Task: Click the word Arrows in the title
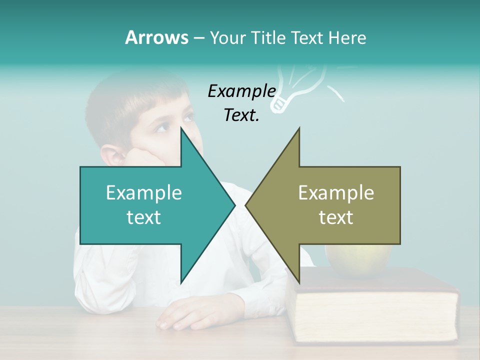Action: click(x=156, y=37)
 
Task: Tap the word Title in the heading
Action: click(x=268, y=37)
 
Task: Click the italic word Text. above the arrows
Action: click(x=241, y=115)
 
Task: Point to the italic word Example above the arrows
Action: click(x=241, y=91)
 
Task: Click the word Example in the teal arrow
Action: click(x=144, y=193)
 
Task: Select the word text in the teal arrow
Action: click(x=144, y=217)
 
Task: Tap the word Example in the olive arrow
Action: click(x=336, y=193)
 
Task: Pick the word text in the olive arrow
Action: click(x=336, y=217)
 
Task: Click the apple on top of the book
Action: click(x=357, y=260)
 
